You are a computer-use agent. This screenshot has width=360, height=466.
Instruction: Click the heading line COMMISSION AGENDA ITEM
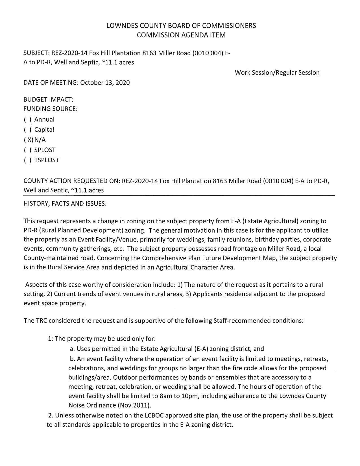pyautogui.click(x=181, y=35)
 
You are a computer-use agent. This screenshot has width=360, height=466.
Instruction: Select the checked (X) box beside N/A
pyautogui.click(x=29, y=140)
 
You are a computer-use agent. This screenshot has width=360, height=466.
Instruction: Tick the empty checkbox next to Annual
pyautogui.click(x=27, y=120)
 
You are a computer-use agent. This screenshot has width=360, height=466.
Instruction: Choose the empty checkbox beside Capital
pyautogui.click(x=27, y=130)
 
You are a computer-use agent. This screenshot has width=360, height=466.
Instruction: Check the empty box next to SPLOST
pyautogui.click(x=27, y=150)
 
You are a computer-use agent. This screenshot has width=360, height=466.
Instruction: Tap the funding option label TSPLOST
pyautogui.click(x=47, y=160)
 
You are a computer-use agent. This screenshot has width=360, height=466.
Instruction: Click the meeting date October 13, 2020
pyautogui.click(x=105, y=83)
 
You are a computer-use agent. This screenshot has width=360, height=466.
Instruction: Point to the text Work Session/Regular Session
pyautogui.click(x=277, y=73)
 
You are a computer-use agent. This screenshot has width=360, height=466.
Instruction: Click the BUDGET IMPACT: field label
pyautogui.click(x=48, y=100)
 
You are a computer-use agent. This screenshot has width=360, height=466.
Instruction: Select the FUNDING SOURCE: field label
pyautogui.click(x=50, y=109)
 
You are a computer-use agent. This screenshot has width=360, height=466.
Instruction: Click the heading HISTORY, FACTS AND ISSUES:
pyautogui.click(x=65, y=204)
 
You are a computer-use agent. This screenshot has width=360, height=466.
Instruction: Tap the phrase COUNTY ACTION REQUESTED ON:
pyautogui.click(x=72, y=181)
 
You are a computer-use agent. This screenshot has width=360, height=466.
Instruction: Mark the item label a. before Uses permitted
pyautogui.click(x=72, y=349)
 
